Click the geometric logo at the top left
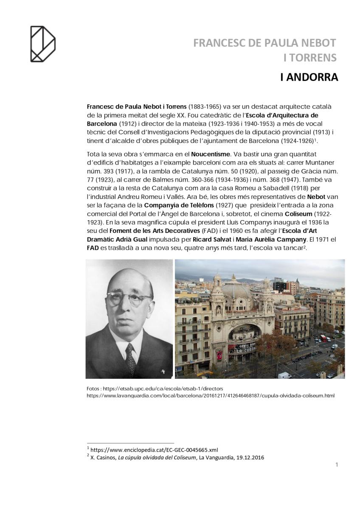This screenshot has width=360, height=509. point(42,44)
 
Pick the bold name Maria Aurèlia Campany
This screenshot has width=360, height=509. point(276,239)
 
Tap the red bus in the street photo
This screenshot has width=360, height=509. point(323,338)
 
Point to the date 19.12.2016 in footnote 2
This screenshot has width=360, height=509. point(249,457)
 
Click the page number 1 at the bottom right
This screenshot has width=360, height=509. point(337,464)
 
